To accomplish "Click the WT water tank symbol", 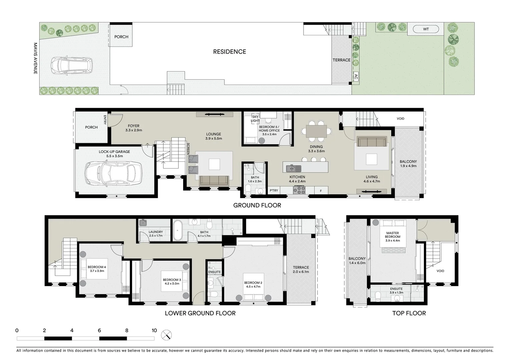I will tap(426, 29).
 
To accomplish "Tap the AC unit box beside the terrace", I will tap(356, 76).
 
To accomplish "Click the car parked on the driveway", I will tap(71, 65).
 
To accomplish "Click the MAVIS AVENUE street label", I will tap(35, 58).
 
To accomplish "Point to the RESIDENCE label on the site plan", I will tap(229, 52).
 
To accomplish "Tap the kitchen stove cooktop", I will tap(299, 190).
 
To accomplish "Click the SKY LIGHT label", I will tap(255, 119).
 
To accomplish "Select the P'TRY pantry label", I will tap(274, 190).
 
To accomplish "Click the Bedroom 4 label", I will tap(97, 269).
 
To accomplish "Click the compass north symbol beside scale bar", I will tap(167, 335).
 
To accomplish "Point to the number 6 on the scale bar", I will tap(99, 331).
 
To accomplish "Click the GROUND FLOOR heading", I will tap(257, 205).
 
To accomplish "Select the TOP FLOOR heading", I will tap(409, 313).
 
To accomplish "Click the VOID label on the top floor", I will tap(440, 271).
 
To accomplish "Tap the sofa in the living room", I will tap(372, 142).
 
